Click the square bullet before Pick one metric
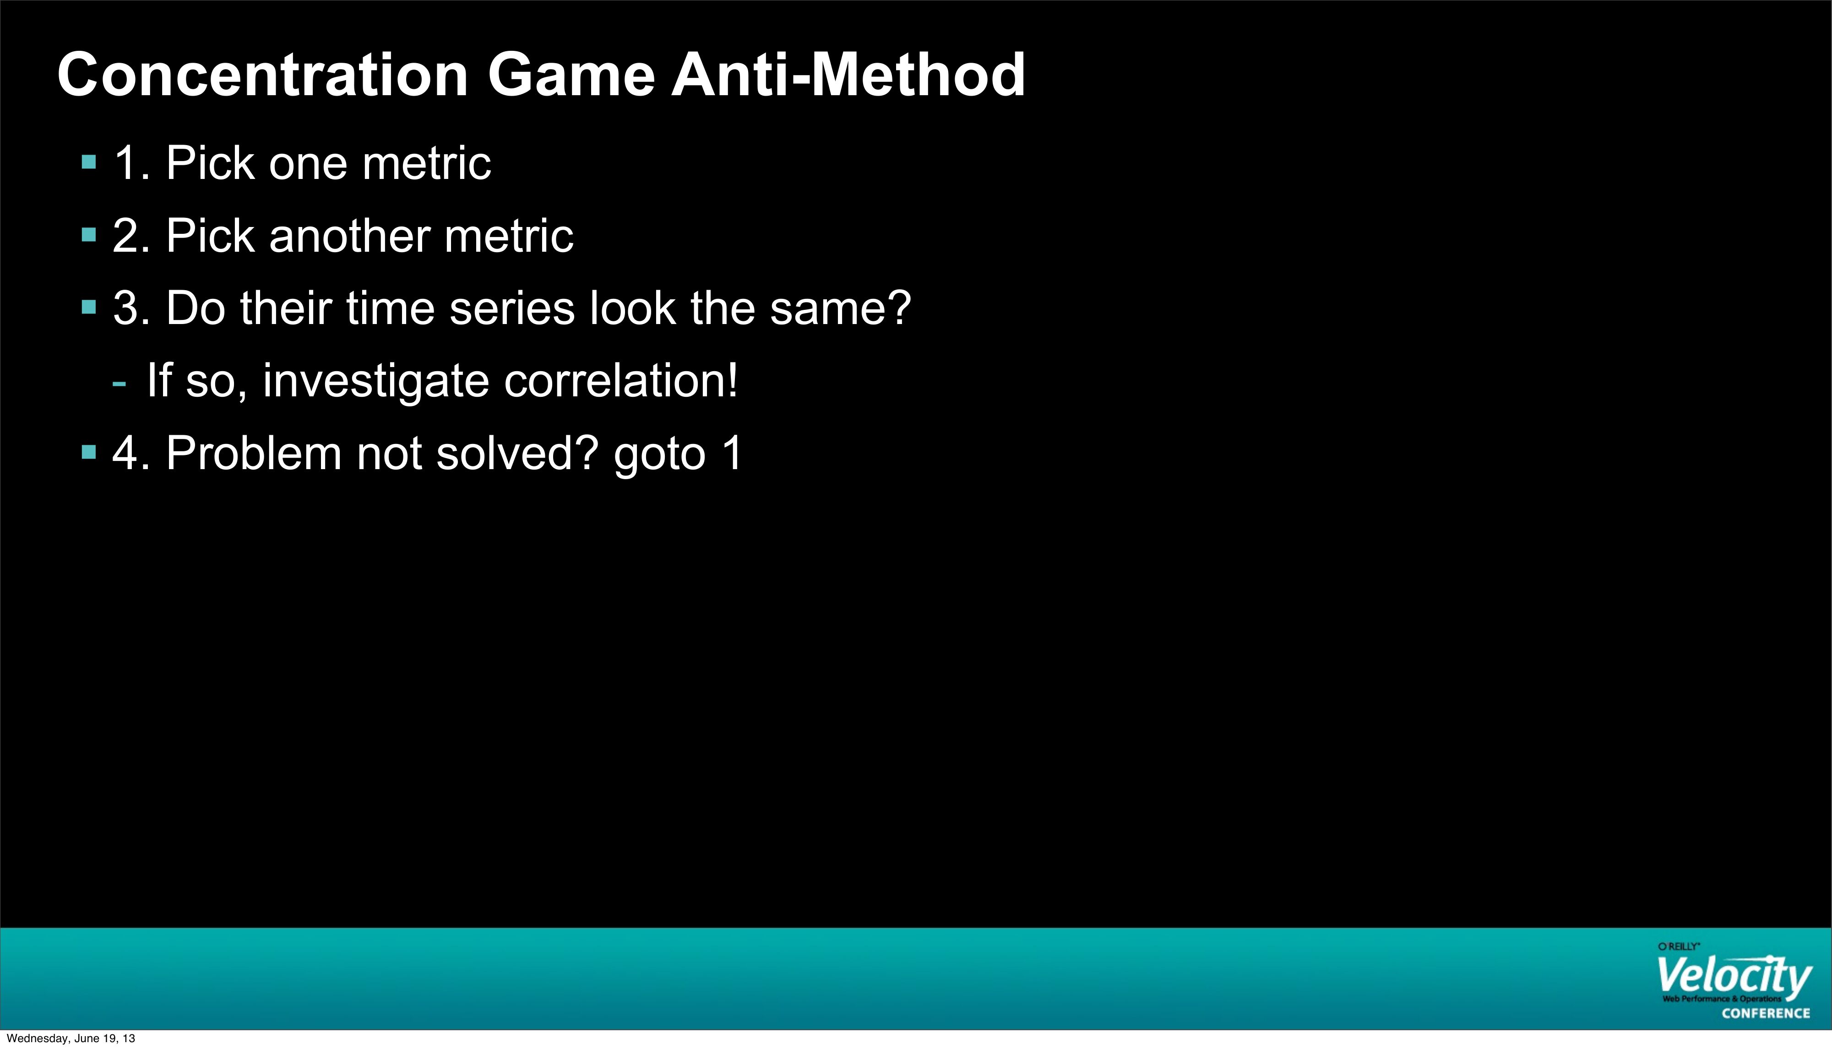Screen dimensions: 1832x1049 tap(89, 162)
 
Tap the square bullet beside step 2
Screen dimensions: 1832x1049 tap(89, 235)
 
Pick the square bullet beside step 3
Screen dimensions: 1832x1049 tap(89, 308)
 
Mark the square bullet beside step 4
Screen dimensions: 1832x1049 tap(89, 453)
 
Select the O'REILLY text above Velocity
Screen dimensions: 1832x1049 tap(1679, 946)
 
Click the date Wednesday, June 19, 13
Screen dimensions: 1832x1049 tap(71, 1038)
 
